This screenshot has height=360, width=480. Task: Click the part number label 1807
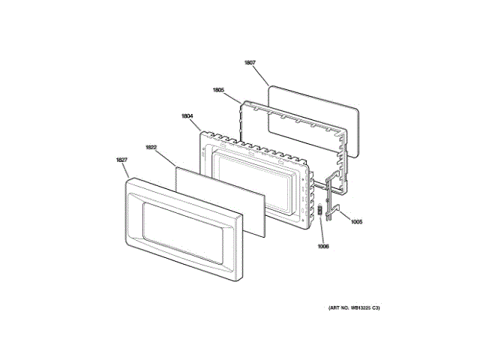click(x=250, y=63)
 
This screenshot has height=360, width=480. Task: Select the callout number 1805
click(x=218, y=91)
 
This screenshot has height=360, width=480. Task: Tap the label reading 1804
click(x=187, y=116)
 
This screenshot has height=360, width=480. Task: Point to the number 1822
click(x=151, y=148)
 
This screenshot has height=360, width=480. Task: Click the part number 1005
click(x=356, y=221)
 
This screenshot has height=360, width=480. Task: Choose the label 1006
click(x=322, y=246)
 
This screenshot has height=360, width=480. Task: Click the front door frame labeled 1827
click(x=131, y=225)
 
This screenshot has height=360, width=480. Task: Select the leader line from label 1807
click(x=262, y=74)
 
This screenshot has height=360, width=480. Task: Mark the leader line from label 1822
click(x=166, y=157)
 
